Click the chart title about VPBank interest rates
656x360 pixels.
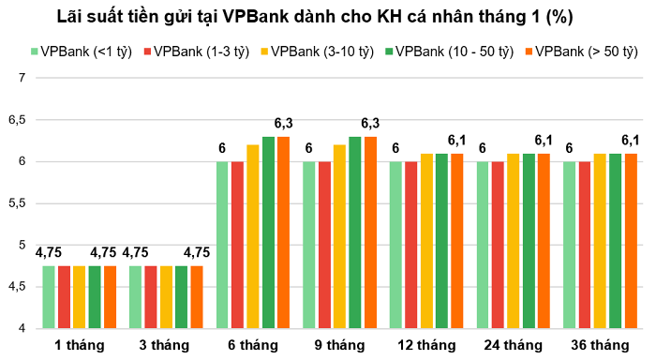pos(328,17)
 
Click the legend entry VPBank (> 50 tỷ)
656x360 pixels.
pos(575,51)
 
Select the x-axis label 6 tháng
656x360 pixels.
pos(252,344)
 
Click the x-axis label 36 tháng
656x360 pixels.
pos(600,344)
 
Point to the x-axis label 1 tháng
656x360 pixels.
pos(79,344)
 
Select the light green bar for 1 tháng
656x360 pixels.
pos(49,297)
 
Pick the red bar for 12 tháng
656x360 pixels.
pos(411,245)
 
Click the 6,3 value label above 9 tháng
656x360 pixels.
pos(370,124)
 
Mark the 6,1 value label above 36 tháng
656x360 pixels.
pos(631,141)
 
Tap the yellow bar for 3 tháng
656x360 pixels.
pos(166,297)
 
